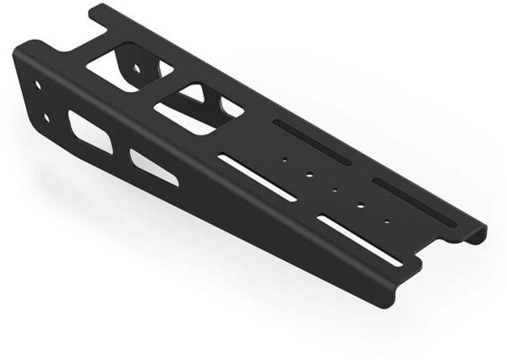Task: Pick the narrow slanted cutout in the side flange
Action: pos(155,166)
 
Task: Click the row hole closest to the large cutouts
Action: pos(286,157)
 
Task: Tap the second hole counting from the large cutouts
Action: pos(310,174)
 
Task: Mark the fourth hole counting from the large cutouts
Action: pos(361,205)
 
